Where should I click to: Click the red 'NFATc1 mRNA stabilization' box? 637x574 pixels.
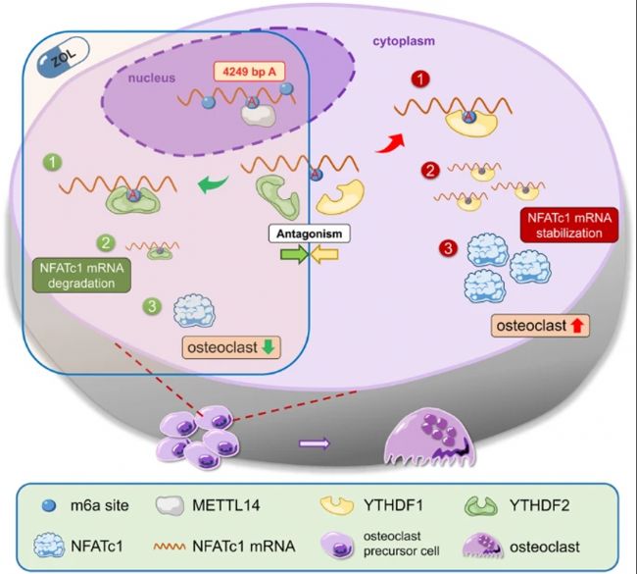pos(561,228)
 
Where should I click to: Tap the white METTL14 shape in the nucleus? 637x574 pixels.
pos(261,114)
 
